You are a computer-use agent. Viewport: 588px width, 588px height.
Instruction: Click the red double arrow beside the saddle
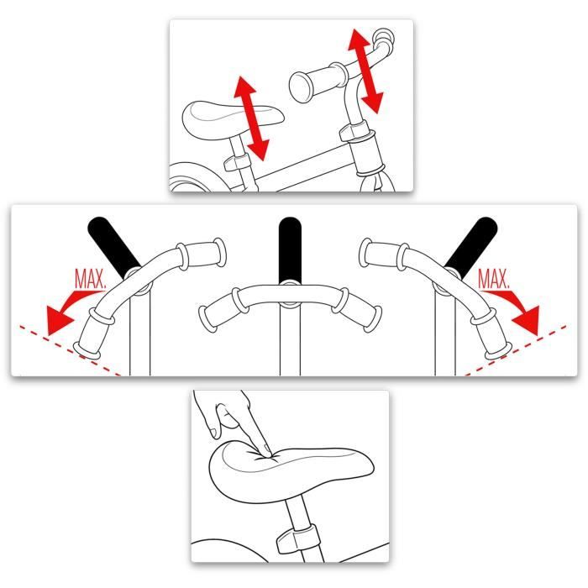(x=251, y=118)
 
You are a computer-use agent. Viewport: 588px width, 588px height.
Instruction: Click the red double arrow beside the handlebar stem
(x=365, y=71)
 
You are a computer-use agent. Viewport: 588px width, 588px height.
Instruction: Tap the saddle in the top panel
(x=233, y=119)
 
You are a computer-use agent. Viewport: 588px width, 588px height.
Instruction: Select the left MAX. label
(x=90, y=278)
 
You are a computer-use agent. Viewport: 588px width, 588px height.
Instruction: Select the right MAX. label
(x=494, y=279)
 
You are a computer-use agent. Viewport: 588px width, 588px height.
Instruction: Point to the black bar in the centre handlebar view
(x=290, y=250)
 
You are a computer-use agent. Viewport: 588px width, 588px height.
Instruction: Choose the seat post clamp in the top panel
(x=237, y=161)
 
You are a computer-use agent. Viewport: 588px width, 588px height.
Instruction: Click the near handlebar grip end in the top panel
(x=301, y=87)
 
